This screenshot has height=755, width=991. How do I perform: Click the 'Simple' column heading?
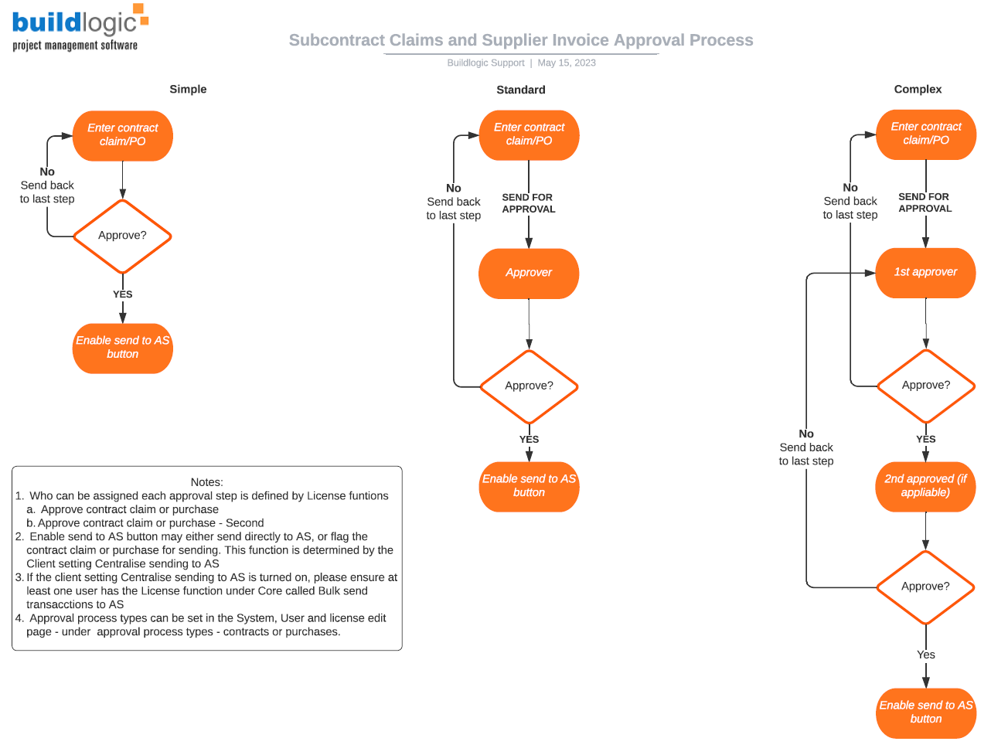(x=188, y=89)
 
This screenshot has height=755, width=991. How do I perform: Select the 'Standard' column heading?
(x=520, y=90)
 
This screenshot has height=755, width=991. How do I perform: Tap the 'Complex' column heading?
(x=918, y=89)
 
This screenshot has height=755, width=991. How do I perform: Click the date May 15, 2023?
(x=567, y=63)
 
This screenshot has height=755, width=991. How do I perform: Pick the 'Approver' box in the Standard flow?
(x=529, y=273)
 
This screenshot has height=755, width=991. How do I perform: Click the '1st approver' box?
(x=925, y=272)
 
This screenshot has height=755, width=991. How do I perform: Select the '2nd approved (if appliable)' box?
(x=925, y=486)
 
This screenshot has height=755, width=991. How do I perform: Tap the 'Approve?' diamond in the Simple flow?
(x=122, y=236)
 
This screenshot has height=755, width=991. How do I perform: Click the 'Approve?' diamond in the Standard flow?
(x=529, y=386)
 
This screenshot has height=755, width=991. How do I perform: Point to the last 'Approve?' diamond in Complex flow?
(x=925, y=587)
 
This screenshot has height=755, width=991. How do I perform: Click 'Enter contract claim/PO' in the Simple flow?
(x=122, y=134)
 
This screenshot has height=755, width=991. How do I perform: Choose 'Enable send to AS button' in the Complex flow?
(x=925, y=712)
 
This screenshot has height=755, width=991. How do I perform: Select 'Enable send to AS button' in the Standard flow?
(x=529, y=486)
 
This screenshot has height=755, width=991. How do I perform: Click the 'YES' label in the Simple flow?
(x=122, y=294)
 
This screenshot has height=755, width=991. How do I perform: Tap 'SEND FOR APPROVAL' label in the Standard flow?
(x=529, y=203)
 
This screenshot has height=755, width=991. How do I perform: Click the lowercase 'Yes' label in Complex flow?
(x=925, y=655)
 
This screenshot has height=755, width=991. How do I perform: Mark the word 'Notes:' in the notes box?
(x=206, y=482)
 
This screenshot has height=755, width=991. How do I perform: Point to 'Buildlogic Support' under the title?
(x=485, y=63)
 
